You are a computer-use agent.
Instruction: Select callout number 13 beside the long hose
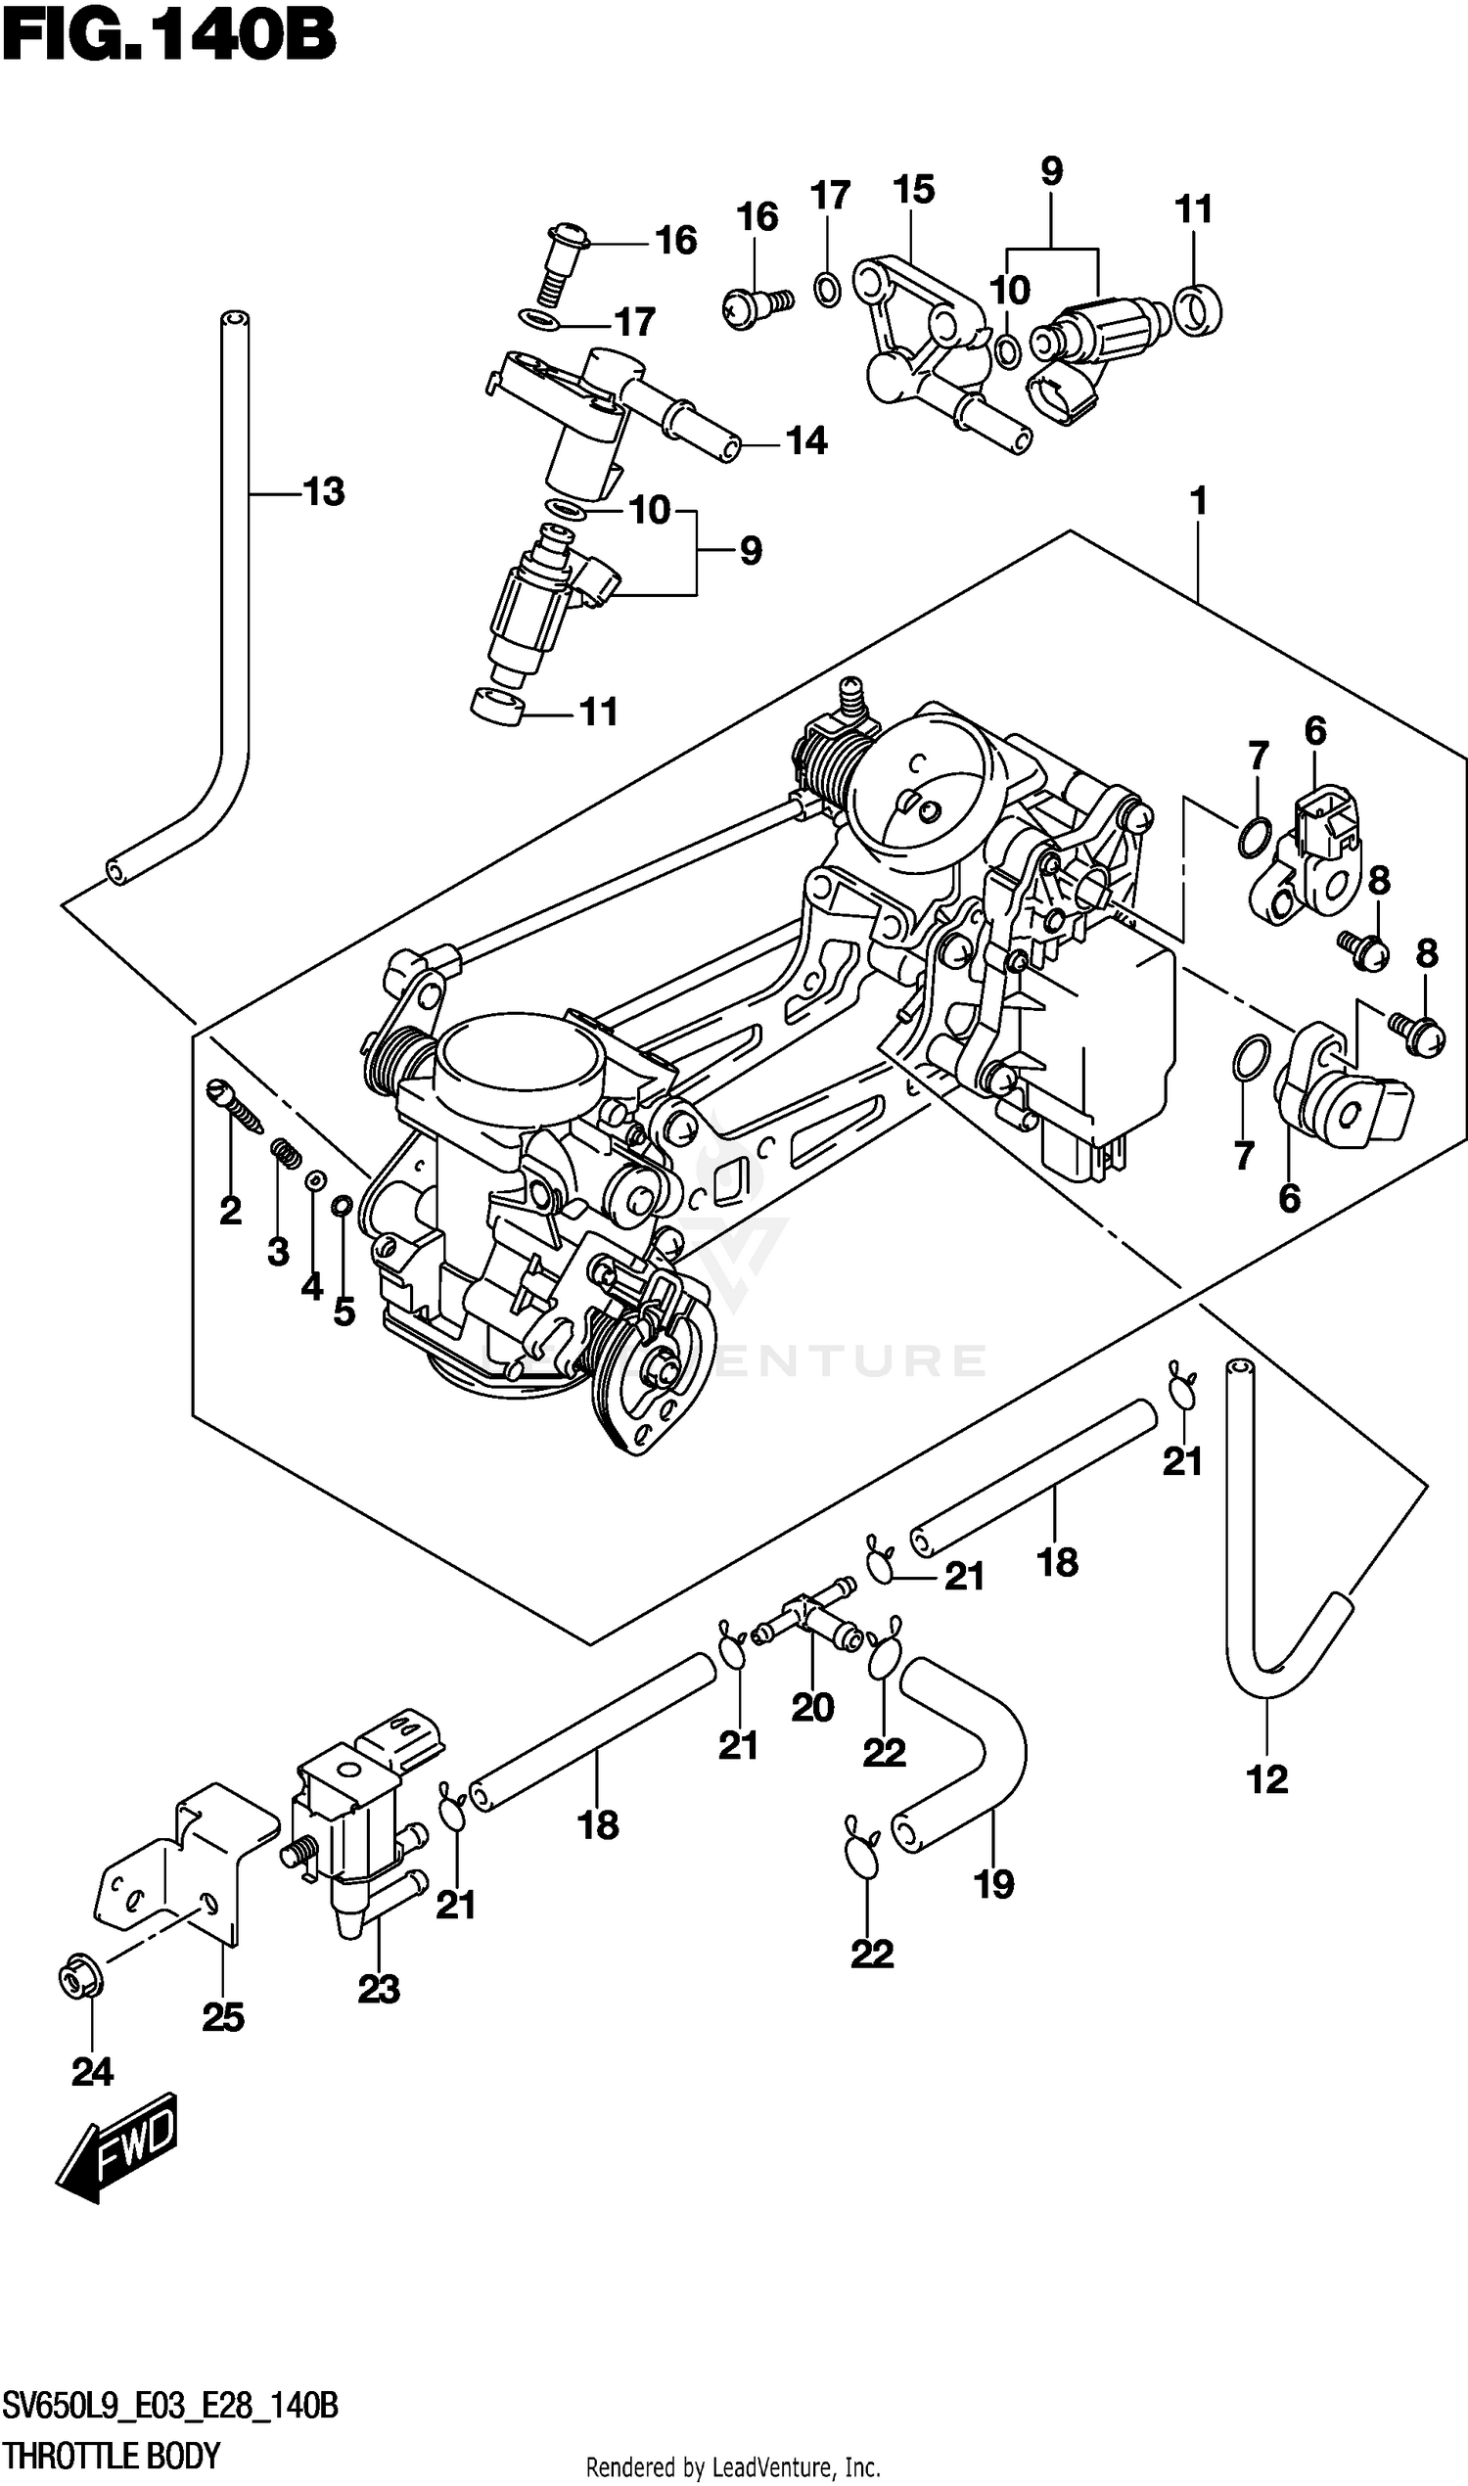[x=324, y=491]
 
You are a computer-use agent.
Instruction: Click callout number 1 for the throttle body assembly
[x=1198, y=501]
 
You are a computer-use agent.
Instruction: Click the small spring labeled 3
[x=285, y=1154]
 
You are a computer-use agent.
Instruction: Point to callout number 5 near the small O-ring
[x=344, y=1312]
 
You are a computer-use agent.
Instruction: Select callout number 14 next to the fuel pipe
[x=806, y=440]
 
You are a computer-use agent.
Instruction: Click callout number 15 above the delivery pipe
[x=913, y=189]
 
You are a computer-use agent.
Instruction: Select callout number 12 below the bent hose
[x=1267, y=1779]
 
